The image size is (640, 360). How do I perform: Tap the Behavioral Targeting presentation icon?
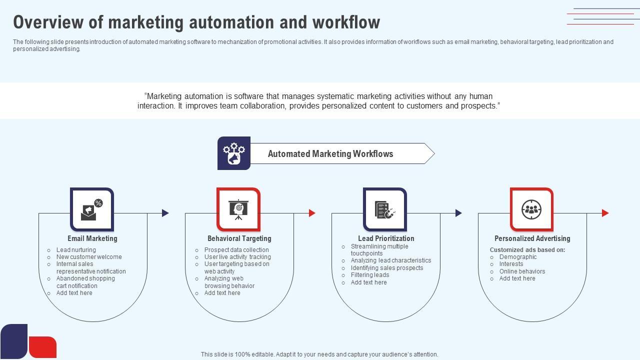click(x=238, y=209)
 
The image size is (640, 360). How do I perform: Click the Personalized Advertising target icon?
click(x=531, y=209)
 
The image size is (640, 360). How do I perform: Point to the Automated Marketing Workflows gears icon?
click(x=234, y=153)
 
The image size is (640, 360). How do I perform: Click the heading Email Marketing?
click(x=92, y=238)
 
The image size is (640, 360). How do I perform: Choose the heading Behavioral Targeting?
click(x=239, y=238)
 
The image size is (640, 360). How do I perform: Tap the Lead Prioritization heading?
click(x=386, y=238)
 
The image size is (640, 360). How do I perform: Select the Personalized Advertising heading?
click(x=532, y=238)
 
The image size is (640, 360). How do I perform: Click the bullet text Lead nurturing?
click(x=76, y=250)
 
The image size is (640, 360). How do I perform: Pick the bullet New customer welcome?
click(x=89, y=257)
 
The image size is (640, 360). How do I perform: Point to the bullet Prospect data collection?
click(x=236, y=250)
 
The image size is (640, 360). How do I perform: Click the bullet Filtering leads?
click(x=370, y=275)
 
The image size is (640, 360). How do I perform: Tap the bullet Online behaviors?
click(x=522, y=271)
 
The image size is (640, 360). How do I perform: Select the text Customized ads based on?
click(x=527, y=250)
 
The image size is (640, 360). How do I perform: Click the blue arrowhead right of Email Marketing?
click(x=165, y=213)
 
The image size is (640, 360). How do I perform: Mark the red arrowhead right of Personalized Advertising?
click(x=605, y=213)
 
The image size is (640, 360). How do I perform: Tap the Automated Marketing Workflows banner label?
click(x=330, y=154)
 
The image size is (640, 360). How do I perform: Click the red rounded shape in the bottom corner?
click(x=42, y=347)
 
